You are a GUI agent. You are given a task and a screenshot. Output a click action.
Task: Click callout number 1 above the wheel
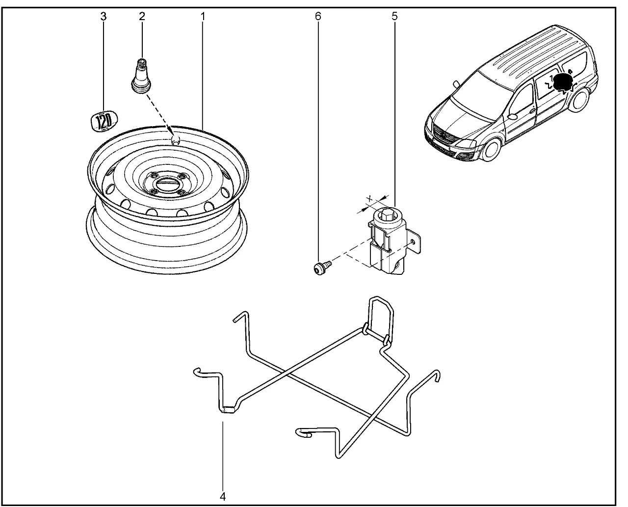point(202,16)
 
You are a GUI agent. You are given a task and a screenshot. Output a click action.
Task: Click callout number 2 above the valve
point(142,16)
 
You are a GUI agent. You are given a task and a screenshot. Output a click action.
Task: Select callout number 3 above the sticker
point(103,16)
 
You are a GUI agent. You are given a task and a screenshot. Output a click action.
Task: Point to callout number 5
point(394,16)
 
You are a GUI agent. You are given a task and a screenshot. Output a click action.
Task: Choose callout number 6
point(318,16)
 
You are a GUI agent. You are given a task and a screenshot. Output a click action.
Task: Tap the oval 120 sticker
point(104,121)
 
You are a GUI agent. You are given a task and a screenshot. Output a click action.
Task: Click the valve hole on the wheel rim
point(176,140)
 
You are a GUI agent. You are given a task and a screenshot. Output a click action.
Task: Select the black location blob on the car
point(561,83)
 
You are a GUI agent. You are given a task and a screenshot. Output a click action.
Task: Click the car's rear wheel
point(580,100)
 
